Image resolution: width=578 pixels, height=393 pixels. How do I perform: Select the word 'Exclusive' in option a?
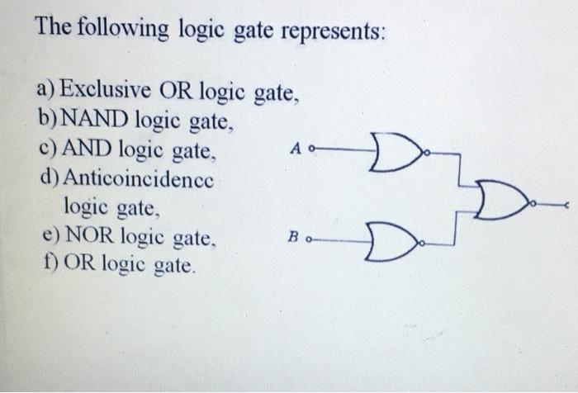click(102, 86)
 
